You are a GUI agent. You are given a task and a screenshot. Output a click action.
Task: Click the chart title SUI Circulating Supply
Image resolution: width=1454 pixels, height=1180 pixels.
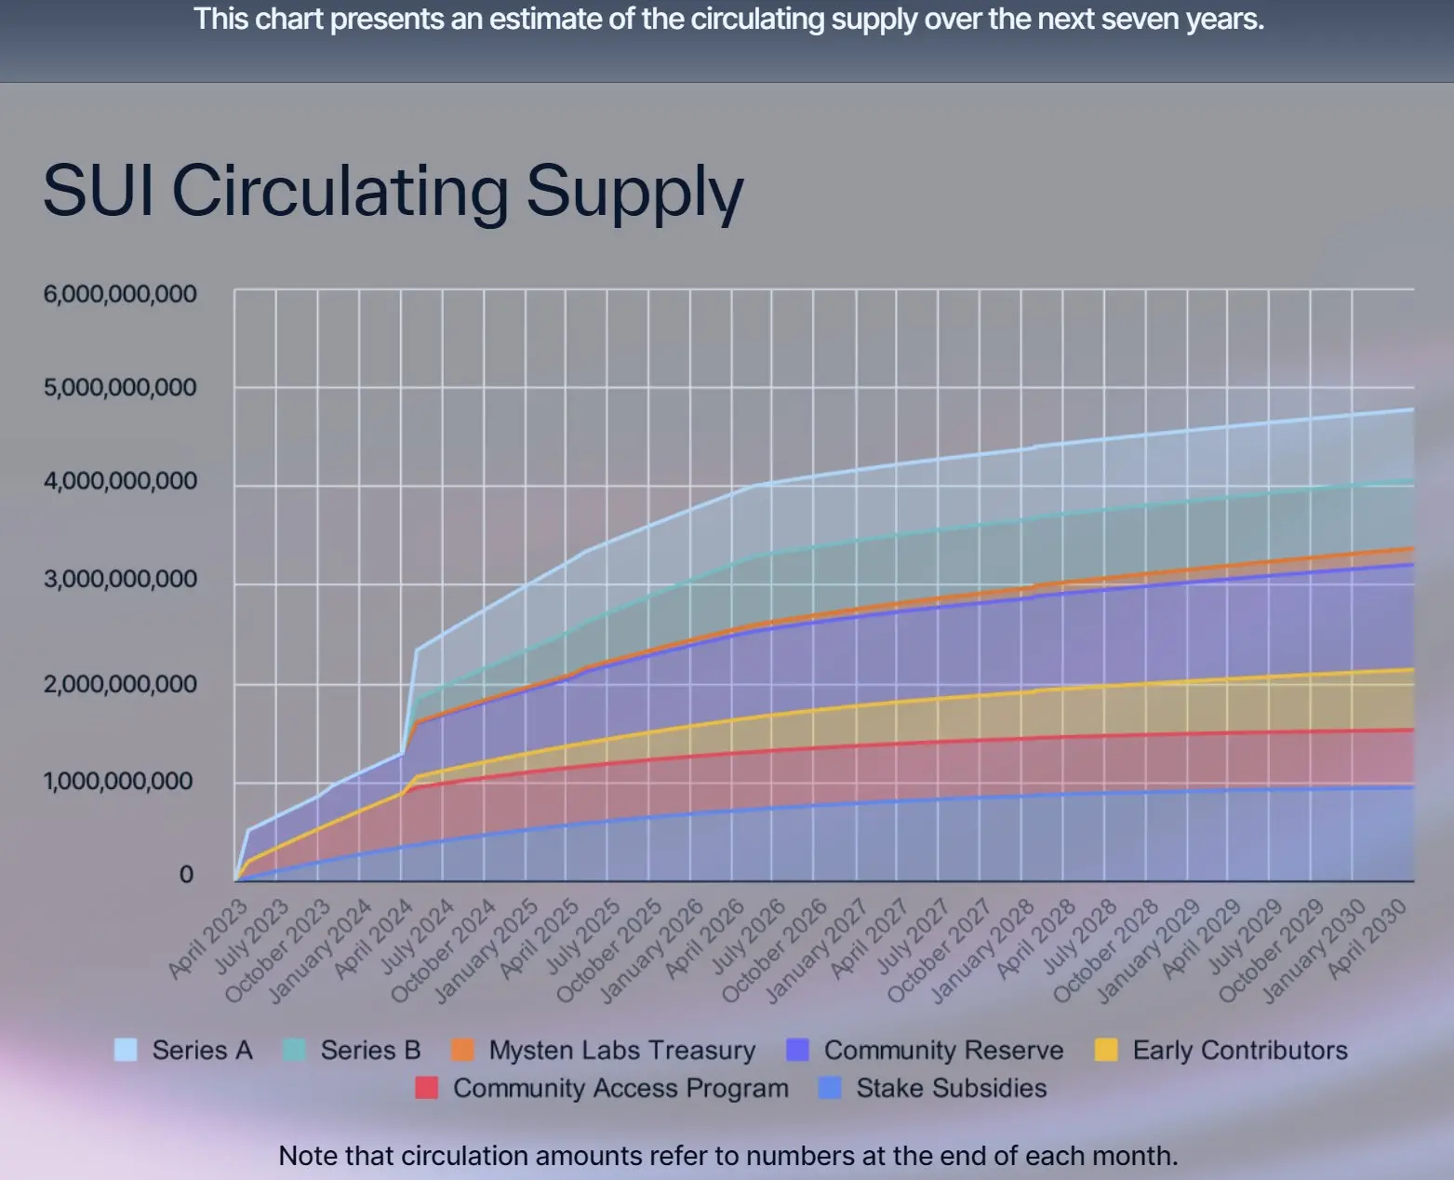point(393,191)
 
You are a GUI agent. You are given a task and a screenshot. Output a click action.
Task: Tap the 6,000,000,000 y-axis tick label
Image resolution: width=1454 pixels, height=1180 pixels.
point(120,294)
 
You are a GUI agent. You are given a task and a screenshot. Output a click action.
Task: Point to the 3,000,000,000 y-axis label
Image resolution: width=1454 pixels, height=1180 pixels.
point(120,579)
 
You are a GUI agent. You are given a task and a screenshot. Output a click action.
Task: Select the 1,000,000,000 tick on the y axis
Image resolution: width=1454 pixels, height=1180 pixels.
point(118,781)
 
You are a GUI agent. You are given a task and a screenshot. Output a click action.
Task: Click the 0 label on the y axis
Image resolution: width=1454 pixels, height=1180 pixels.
point(186,875)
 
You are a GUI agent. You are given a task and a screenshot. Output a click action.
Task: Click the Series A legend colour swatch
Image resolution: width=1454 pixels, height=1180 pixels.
point(126,1050)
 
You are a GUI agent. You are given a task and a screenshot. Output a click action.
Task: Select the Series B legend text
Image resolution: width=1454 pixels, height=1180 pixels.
point(370,1050)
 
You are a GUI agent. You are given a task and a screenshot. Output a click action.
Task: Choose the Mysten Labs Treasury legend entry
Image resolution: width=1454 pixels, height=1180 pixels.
point(621,1050)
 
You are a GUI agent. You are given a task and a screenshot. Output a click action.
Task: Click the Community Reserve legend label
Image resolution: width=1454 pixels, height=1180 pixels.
point(943,1050)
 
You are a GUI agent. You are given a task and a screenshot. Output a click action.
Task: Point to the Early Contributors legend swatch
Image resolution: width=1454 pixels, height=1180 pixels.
point(1106,1050)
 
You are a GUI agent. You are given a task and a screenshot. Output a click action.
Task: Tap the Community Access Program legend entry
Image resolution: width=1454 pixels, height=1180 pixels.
point(620,1088)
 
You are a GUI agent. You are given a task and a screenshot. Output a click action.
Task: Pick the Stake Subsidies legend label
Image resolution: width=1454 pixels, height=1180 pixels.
point(951,1088)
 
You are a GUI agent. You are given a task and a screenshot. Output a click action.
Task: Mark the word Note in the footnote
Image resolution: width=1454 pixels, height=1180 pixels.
point(309,1156)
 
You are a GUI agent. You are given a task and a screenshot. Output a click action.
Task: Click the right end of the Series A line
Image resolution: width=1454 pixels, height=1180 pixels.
point(1412,409)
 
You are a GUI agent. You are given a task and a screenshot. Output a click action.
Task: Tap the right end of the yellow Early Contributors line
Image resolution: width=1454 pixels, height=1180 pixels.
point(1412,670)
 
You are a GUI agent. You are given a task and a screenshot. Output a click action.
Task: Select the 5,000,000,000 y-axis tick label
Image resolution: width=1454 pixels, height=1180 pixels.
point(120,387)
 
